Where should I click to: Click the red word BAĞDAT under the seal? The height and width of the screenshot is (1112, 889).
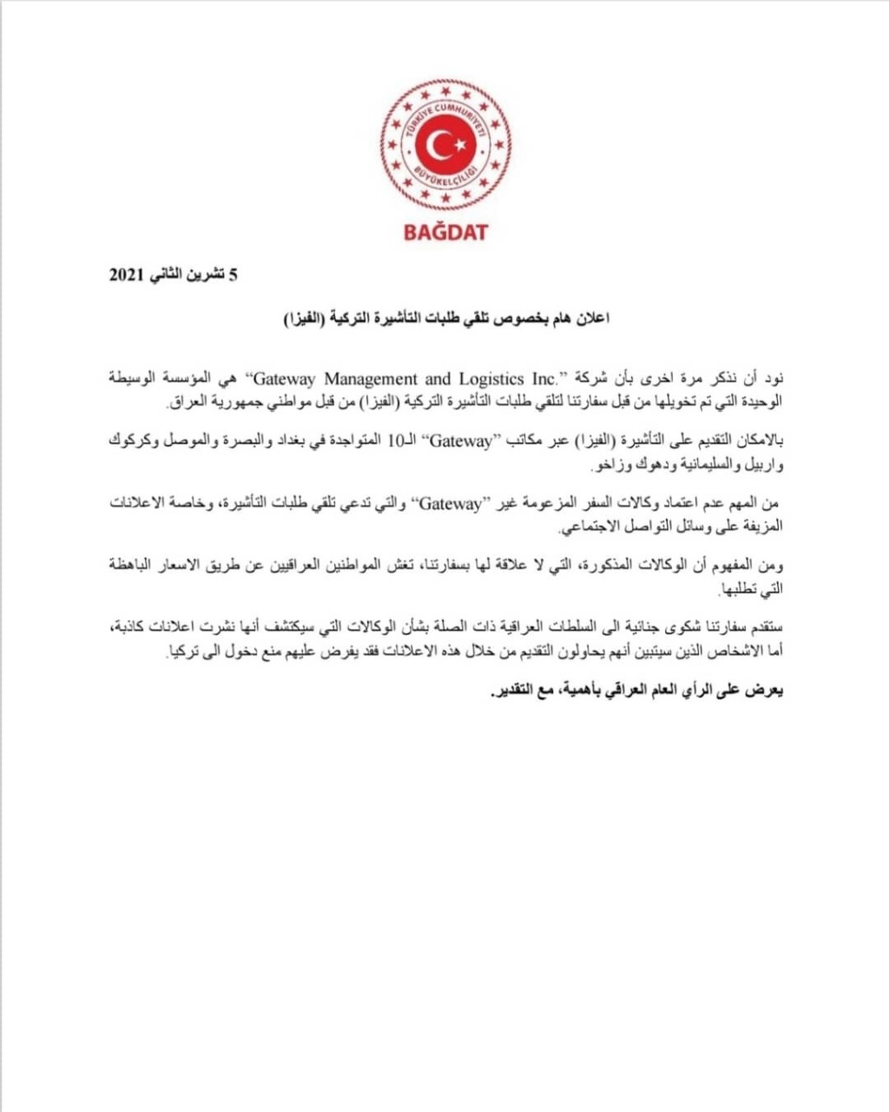point(445,232)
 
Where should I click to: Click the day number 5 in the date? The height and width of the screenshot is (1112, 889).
point(232,275)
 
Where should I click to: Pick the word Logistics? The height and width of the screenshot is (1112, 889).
point(491,379)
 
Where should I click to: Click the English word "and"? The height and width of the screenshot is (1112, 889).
point(438,379)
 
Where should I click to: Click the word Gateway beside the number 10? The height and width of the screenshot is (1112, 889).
point(456,440)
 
